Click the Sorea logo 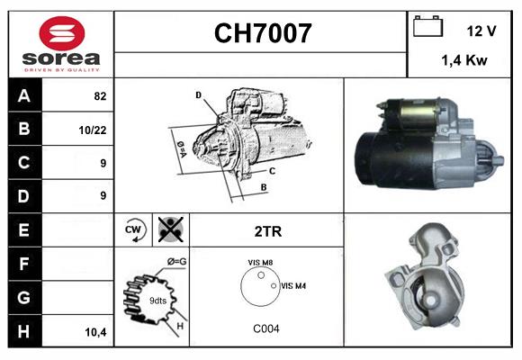click(x=60, y=45)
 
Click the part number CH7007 click(x=262, y=33)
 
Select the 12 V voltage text click(x=481, y=31)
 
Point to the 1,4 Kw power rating click(x=464, y=60)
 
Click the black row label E click(x=23, y=229)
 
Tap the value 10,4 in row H click(x=94, y=332)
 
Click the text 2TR click(x=268, y=231)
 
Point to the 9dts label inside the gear click(x=157, y=300)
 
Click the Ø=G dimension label click(x=176, y=262)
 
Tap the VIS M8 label click(x=262, y=263)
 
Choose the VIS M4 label click(x=293, y=286)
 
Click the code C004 click(x=266, y=328)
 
